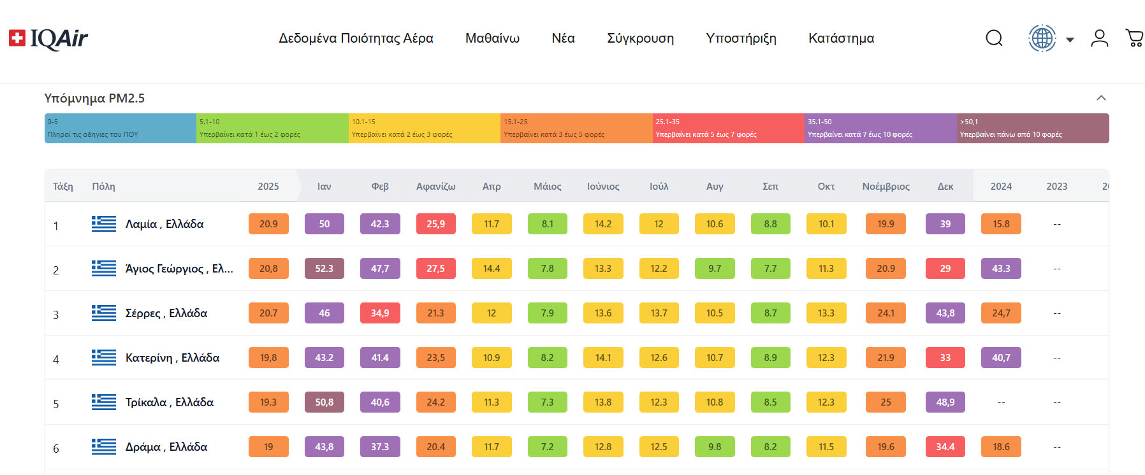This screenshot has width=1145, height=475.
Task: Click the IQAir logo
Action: point(48,39)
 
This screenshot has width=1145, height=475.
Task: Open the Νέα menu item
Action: point(563,38)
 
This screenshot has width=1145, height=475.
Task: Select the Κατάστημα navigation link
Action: point(841,38)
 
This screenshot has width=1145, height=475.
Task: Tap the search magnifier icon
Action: point(994,38)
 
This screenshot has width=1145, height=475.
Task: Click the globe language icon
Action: point(1042,38)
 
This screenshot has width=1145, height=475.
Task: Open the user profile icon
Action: point(1099,38)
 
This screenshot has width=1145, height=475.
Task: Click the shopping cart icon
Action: point(1134,38)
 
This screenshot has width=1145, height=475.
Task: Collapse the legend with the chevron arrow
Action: point(1100,98)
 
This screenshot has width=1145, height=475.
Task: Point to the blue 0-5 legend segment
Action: point(120,128)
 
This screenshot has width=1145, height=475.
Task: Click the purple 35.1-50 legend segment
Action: point(880,128)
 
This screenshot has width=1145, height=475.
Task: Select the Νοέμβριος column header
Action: point(886,187)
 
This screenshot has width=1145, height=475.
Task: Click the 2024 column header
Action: point(1001,187)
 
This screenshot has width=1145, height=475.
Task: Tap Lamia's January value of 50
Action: point(324,224)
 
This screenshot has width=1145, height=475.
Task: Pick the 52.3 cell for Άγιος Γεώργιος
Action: point(324,269)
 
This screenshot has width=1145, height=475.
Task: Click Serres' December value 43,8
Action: point(945,313)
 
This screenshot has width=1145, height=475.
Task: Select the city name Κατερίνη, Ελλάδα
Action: point(172,358)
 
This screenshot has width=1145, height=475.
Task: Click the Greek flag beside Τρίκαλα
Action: point(104,402)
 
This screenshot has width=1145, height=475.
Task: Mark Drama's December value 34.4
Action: point(945,447)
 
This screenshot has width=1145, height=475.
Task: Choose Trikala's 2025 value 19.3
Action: point(268,402)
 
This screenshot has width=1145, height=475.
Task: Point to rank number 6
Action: point(56,448)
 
